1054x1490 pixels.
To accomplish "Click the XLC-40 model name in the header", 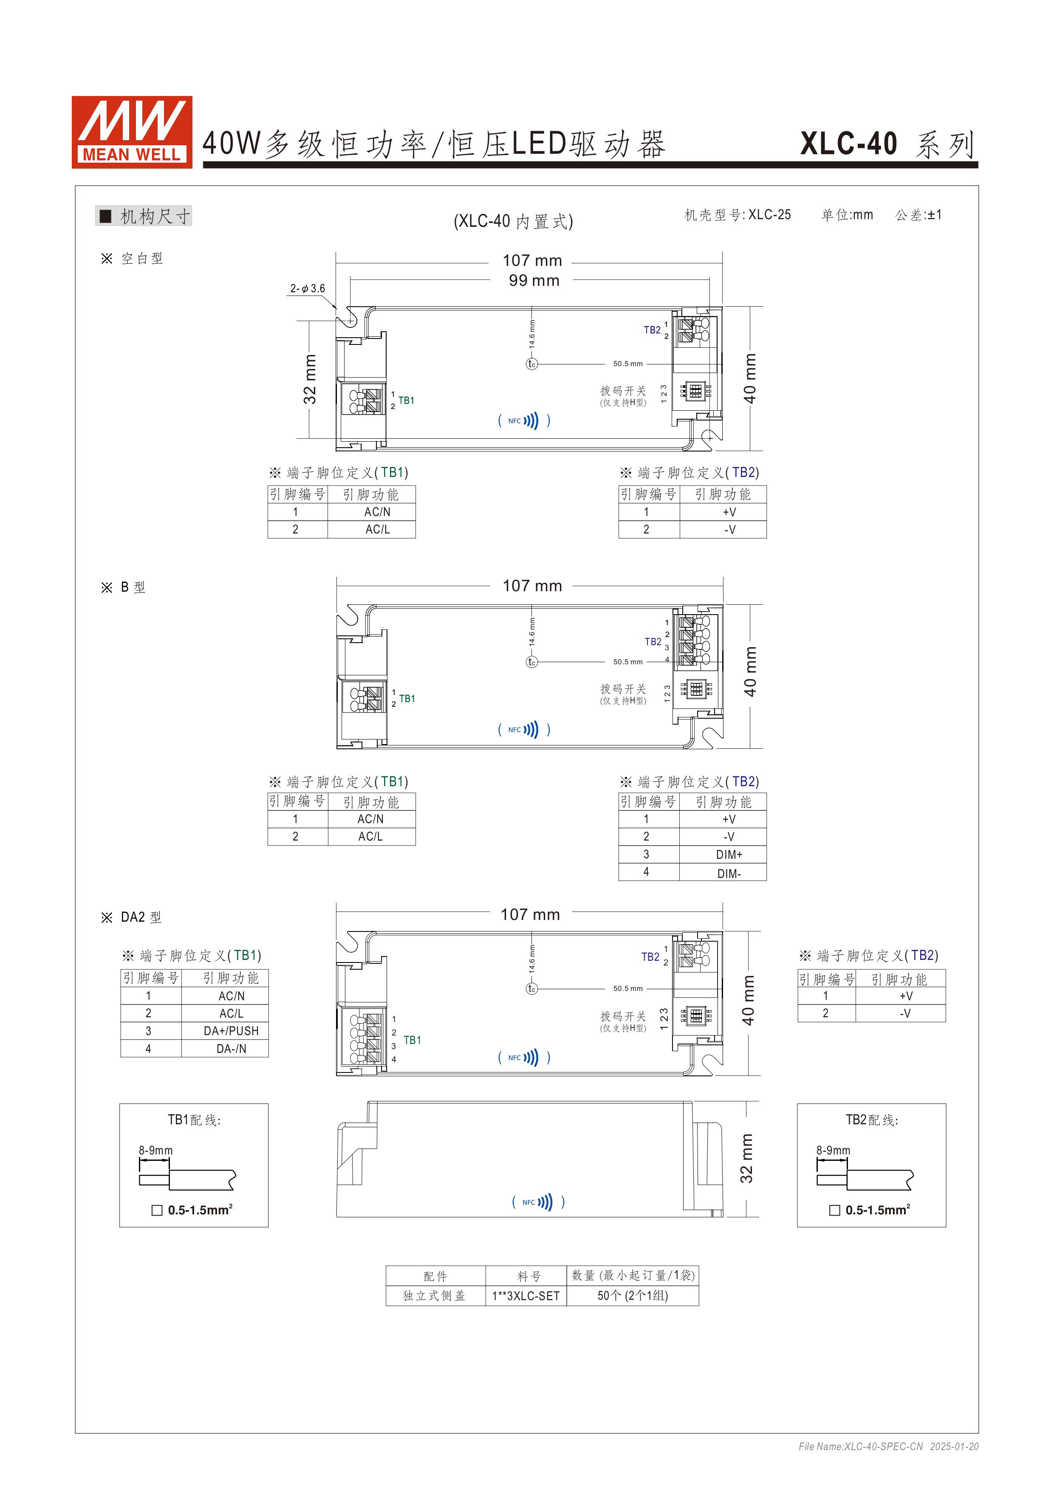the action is (x=848, y=144).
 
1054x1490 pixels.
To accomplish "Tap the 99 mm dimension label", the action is (x=534, y=280).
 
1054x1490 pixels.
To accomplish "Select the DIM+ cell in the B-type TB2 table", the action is (x=729, y=855).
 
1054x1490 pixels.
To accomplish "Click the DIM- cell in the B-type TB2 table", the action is (x=729, y=874).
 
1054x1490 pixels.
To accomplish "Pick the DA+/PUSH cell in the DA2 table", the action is (x=231, y=1030).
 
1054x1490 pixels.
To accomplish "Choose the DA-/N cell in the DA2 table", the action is (x=231, y=1049).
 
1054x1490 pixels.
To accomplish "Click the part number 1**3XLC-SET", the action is (x=526, y=1296).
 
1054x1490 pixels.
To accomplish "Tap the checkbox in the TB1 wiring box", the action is (x=156, y=1210).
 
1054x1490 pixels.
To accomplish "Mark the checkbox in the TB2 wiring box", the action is (x=835, y=1210).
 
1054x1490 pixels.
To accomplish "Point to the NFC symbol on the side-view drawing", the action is (x=538, y=1202).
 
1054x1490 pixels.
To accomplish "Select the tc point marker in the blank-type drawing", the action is (x=531, y=364).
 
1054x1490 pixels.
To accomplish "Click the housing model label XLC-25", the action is (x=770, y=215).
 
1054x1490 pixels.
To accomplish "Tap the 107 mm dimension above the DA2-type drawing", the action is (x=530, y=914).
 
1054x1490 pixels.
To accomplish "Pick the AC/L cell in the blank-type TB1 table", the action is (x=377, y=530).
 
